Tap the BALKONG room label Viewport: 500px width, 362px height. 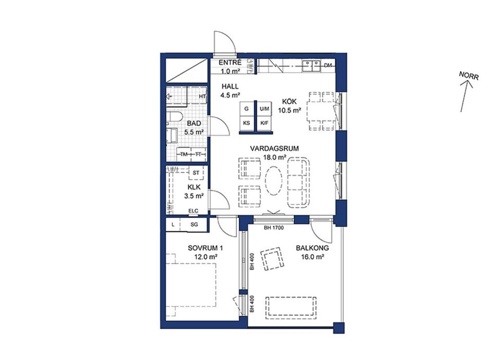(x=312, y=248)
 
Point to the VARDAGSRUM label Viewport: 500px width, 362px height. (x=274, y=149)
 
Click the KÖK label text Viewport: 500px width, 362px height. (x=289, y=102)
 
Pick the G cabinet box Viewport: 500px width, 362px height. (x=247, y=109)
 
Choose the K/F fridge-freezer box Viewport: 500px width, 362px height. (x=265, y=123)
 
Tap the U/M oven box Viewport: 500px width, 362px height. (x=265, y=109)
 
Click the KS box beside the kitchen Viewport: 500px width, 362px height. (x=247, y=123)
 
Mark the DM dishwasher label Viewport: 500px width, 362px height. (x=328, y=65)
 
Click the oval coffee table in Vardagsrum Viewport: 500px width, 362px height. (x=274, y=180)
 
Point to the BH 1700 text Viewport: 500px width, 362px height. (x=273, y=228)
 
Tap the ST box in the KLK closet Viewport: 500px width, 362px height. (x=196, y=173)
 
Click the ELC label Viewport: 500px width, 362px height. (x=193, y=211)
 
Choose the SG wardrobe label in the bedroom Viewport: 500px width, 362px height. (x=194, y=224)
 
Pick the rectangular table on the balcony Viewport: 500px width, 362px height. (x=291, y=308)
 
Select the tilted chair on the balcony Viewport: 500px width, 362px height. (x=272, y=258)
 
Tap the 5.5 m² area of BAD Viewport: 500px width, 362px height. (x=194, y=131)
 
